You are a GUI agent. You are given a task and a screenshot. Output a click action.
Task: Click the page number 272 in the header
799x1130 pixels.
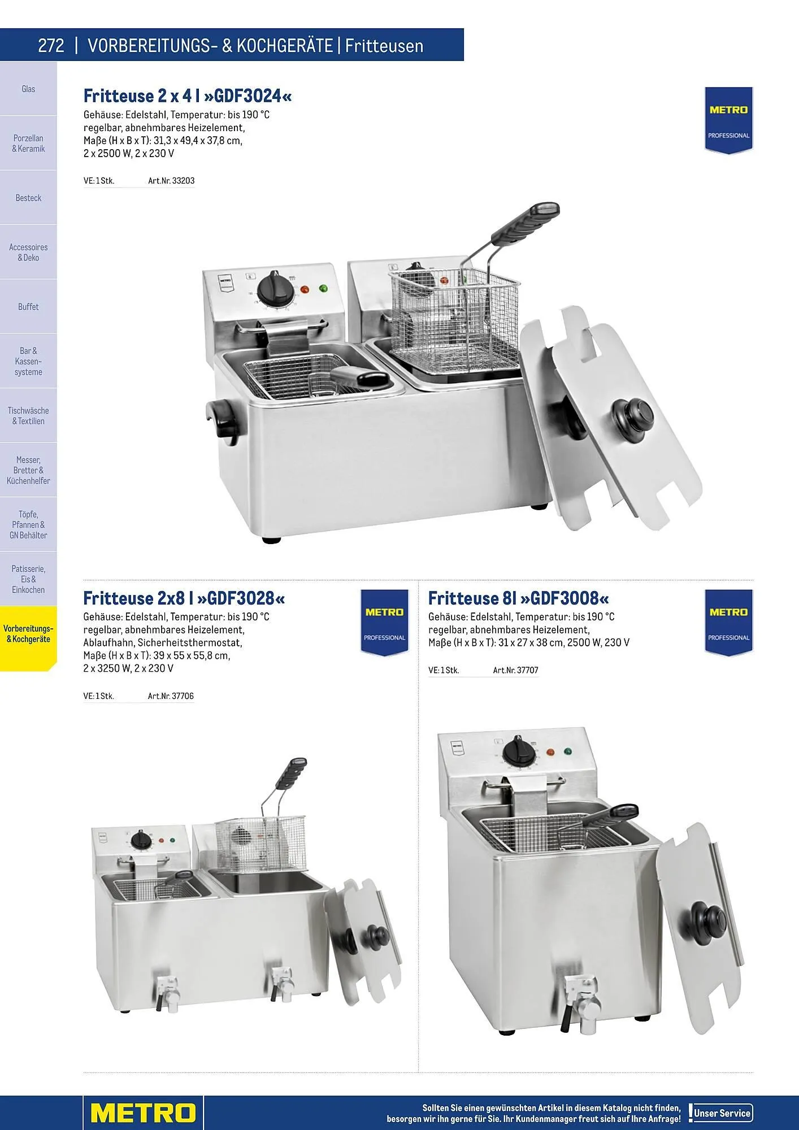[x=51, y=45]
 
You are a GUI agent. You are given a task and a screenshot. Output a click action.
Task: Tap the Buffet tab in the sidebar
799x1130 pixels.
[x=28, y=307]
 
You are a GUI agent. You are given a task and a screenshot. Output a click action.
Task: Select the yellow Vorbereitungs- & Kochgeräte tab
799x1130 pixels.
[x=28, y=634]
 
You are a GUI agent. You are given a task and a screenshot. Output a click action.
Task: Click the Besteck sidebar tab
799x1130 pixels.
[x=28, y=198]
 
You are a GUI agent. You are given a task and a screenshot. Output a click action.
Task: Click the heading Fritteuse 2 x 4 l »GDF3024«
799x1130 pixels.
[x=188, y=95]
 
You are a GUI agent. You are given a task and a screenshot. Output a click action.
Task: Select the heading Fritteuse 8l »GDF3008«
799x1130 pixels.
[x=519, y=598]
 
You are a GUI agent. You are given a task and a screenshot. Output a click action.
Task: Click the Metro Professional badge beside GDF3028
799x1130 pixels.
[x=384, y=623]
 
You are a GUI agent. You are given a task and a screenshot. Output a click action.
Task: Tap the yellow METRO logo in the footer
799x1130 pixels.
[x=143, y=1113]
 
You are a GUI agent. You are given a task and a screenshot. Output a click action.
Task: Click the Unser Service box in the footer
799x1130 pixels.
[x=722, y=1113]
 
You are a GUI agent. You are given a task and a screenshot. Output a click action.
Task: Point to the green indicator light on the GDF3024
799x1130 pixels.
[x=323, y=288]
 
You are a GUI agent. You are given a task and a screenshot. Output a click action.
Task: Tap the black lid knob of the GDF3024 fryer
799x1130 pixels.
[x=635, y=416]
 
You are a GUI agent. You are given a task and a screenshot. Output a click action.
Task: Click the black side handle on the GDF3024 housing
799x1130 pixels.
[x=219, y=417]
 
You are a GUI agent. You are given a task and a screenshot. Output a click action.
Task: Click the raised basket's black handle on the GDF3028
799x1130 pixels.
[x=292, y=773]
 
